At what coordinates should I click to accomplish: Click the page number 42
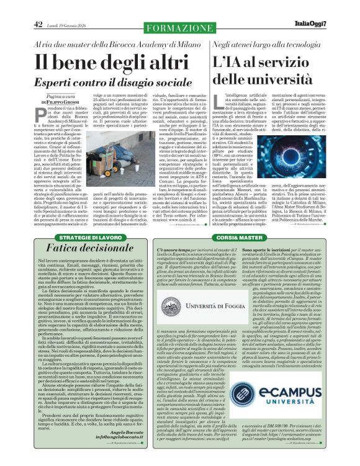(x=38, y=24)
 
